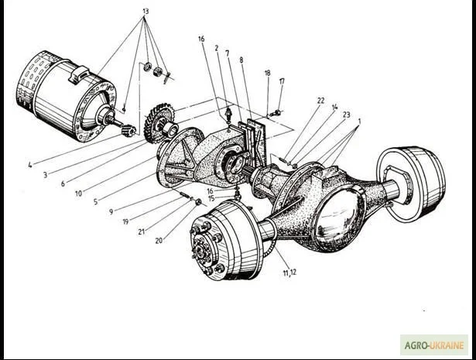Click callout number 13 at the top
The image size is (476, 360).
click(145, 12)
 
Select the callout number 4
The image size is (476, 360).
click(29, 164)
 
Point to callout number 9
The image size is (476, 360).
click(111, 211)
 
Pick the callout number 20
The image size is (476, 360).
click(159, 240)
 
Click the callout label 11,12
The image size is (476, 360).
click(289, 273)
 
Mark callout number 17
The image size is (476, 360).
click(282, 81)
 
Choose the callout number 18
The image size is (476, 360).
click(267, 73)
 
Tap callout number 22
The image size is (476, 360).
click(320, 101)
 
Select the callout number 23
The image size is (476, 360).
click(346, 115)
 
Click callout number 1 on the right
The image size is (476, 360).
click(359, 122)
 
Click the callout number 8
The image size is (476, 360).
click(241, 60)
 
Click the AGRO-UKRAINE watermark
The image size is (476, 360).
click(433, 345)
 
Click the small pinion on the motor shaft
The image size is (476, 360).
click(128, 129)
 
